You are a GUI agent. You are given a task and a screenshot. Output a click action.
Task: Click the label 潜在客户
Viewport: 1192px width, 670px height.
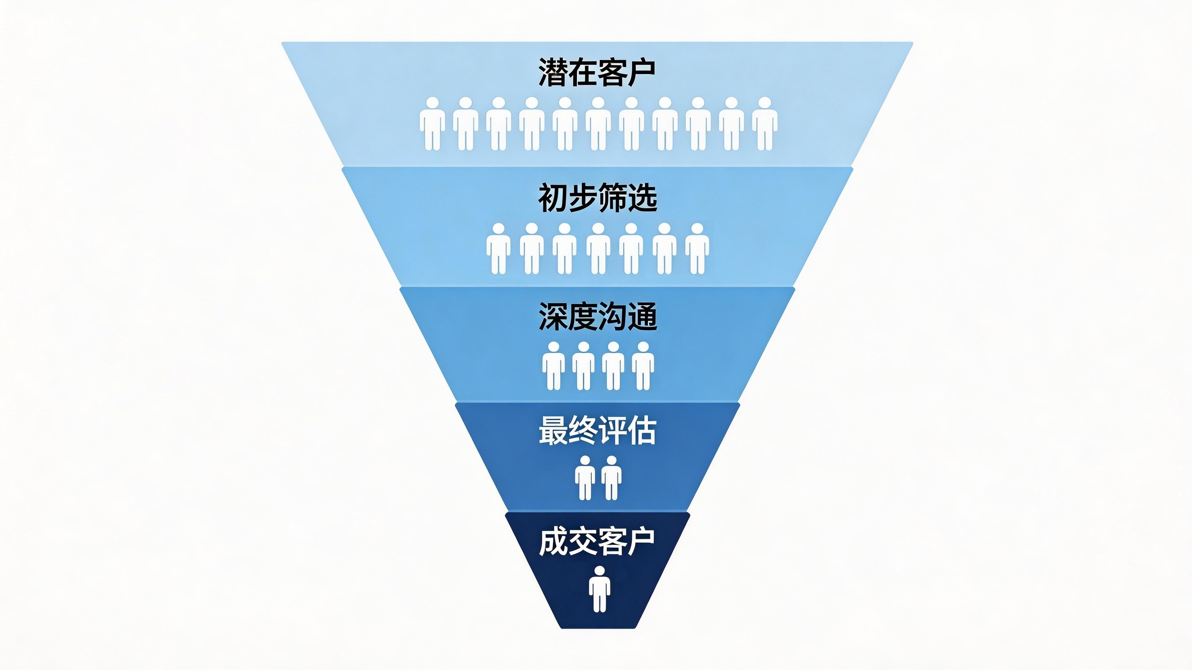597,73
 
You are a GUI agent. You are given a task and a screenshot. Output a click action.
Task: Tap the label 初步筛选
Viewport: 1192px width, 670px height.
597,198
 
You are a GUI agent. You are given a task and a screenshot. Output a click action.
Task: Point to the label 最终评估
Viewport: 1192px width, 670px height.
597,430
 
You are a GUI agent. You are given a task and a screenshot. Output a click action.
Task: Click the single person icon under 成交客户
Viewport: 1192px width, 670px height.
599,589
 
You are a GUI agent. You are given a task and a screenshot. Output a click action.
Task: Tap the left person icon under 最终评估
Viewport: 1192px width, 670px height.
585,478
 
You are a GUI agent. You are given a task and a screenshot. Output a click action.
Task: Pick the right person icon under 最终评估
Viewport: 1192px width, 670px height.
611,478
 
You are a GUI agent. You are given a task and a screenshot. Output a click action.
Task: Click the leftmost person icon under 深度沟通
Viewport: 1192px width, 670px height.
554,366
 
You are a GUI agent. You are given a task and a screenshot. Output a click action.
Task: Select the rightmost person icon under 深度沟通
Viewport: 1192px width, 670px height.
643,366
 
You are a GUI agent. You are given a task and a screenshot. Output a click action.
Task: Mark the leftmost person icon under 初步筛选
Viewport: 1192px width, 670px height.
498,248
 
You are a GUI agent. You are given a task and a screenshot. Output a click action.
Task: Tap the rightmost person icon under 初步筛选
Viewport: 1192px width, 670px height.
697,248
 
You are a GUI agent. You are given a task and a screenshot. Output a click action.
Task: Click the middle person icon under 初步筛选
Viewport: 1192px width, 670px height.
598,248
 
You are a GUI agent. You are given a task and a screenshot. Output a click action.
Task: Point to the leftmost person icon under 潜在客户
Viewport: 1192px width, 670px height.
432,124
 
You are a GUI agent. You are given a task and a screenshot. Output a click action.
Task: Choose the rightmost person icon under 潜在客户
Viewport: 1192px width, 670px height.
765,124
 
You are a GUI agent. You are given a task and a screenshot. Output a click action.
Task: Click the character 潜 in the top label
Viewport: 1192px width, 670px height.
553,73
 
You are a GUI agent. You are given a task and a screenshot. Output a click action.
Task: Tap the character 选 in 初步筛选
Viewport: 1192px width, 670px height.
643,198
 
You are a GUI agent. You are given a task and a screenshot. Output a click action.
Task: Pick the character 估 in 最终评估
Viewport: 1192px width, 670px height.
642,430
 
